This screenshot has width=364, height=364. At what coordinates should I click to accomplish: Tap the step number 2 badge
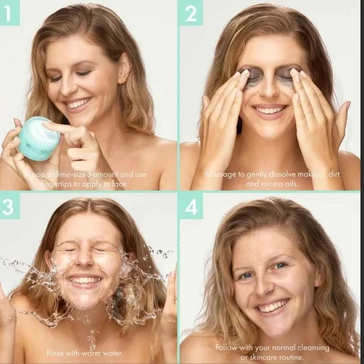(x=190, y=13)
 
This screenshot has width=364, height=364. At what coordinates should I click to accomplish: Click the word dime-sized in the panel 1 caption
(x=66, y=174)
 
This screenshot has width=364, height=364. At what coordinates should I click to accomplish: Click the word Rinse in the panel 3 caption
(x=57, y=353)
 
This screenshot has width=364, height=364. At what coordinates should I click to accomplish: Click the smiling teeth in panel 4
(x=273, y=307)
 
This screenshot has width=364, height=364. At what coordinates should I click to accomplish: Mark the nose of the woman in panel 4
(x=269, y=286)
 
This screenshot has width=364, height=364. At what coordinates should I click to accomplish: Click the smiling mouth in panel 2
(x=270, y=110)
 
